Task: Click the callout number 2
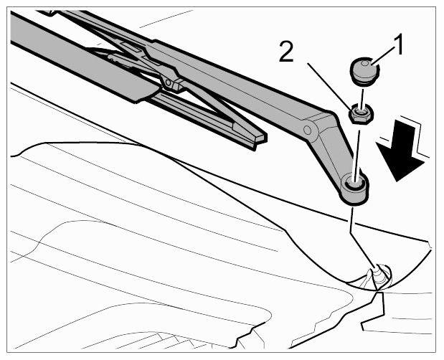[x=286, y=51]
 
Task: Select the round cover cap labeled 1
[x=364, y=70]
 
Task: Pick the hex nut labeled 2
[x=362, y=113]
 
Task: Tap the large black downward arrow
[x=400, y=150]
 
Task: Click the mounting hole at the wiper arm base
[x=354, y=184]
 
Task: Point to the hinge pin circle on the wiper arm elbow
[x=307, y=130]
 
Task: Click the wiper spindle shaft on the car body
[x=378, y=273]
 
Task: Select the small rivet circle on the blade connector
[x=168, y=82]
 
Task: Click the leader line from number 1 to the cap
[x=382, y=55]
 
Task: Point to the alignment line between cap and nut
[x=362, y=96]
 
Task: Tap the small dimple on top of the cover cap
[x=366, y=62]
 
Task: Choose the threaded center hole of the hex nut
[x=359, y=112]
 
